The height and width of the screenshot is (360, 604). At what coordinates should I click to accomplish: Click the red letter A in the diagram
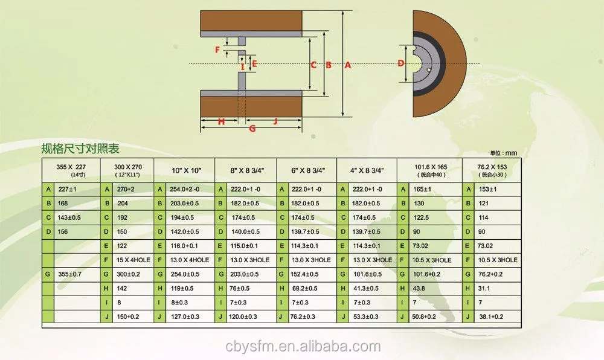[x=348, y=65]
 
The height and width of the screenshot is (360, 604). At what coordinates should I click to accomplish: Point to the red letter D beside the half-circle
[x=401, y=63]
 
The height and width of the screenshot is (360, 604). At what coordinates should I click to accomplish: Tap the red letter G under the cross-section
[x=252, y=128]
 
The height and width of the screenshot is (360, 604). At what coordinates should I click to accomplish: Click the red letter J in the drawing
[x=275, y=121]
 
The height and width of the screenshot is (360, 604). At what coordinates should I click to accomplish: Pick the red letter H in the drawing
[x=221, y=121]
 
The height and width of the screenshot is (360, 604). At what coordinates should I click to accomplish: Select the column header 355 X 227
[x=71, y=167]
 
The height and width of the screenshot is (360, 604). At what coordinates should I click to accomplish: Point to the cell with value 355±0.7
[x=70, y=274]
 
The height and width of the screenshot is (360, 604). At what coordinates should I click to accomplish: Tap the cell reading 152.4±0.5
[x=306, y=274]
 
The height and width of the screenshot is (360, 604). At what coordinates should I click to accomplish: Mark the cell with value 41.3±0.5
[x=365, y=288]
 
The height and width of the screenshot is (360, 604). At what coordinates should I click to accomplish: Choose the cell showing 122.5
[x=421, y=217]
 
